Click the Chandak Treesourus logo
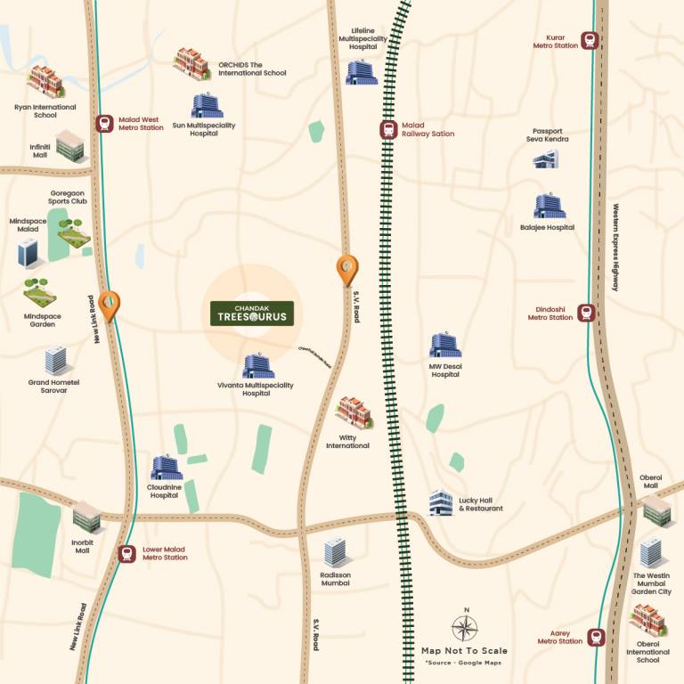coord(250,313)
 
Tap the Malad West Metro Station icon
coord(104,125)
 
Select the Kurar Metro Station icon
coord(589,40)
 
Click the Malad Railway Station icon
coord(388,130)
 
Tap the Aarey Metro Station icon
coord(597,637)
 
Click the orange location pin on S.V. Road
coord(346,269)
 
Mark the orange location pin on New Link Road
coord(109,305)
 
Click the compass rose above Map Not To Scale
coord(464,629)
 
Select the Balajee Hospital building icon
coord(548,207)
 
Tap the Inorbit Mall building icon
coord(86,516)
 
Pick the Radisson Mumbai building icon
coord(335,552)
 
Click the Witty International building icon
coord(354,413)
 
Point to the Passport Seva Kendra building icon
coord(545,159)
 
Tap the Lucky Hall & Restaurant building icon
coord(441,503)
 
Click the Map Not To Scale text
coord(464,651)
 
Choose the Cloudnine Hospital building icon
coord(166,468)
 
